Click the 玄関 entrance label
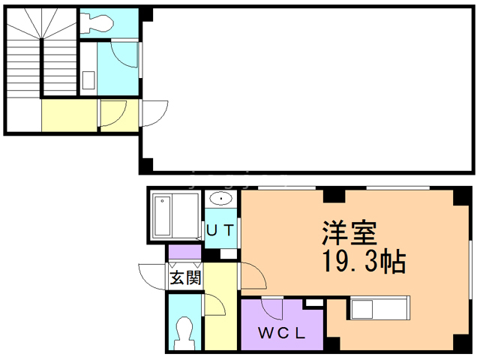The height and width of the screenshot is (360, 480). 184,279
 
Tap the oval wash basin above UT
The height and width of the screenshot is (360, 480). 221,199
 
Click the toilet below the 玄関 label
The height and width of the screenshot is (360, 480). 184,329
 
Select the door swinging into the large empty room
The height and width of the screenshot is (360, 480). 153,114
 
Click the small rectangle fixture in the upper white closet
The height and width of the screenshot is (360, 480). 88,80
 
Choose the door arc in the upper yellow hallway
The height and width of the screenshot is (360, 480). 112,113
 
